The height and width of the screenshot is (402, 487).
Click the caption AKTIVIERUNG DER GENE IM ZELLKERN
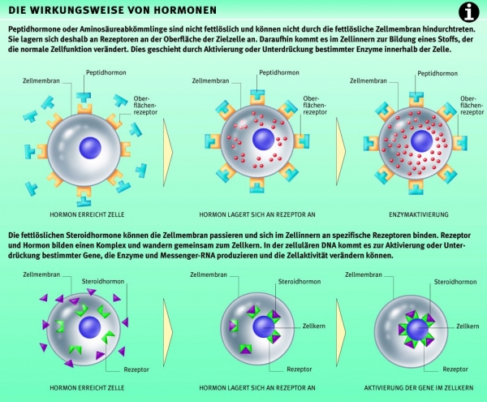pyautogui.click(x=420, y=387)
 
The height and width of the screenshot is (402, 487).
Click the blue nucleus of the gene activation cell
pyautogui.click(x=417, y=330)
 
